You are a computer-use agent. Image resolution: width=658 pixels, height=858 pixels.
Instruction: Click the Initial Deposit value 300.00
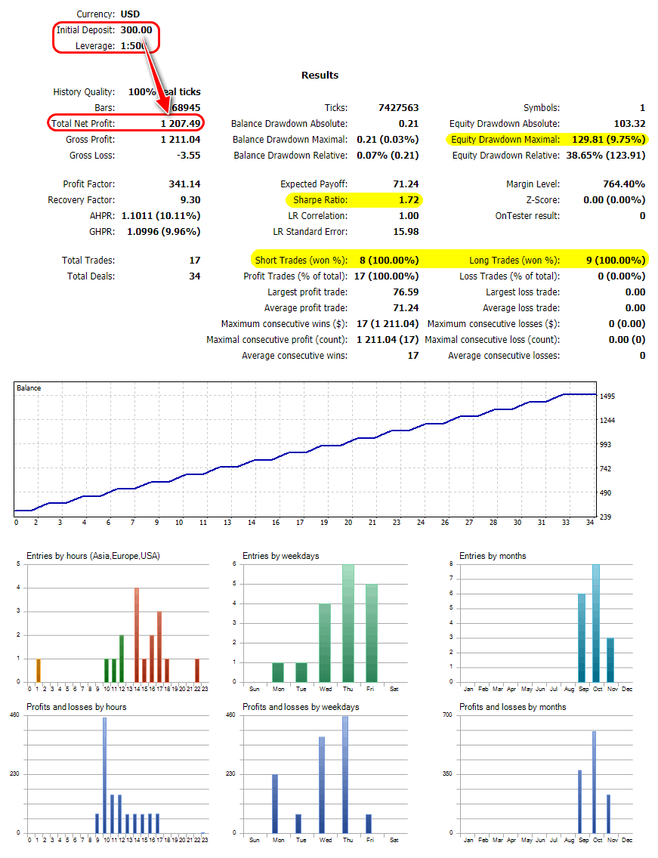click(137, 30)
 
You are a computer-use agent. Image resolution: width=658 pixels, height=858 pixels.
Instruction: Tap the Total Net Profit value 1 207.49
click(181, 123)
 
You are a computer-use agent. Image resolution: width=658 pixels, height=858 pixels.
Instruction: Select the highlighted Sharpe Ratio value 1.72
click(409, 200)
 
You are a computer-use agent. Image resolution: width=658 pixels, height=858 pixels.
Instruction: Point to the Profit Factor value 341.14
click(185, 184)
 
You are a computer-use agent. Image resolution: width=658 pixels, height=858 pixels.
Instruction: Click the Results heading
click(320, 75)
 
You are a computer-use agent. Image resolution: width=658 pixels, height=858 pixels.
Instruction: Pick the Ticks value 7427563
click(398, 108)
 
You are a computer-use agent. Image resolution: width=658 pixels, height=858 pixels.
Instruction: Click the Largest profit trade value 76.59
click(406, 292)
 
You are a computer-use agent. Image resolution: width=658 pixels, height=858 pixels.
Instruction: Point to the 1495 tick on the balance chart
click(607, 397)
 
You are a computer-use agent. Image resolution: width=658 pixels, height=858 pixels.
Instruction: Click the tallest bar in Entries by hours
click(137, 634)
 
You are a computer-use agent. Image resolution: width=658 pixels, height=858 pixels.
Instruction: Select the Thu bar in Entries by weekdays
click(348, 623)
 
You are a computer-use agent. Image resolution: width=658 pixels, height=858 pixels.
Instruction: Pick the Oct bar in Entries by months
click(596, 623)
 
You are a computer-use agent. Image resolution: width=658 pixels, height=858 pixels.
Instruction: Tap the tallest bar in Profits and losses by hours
click(104, 775)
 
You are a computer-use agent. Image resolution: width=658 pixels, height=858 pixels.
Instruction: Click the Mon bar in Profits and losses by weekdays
click(275, 804)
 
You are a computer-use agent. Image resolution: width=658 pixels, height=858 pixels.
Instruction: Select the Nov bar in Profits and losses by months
click(609, 813)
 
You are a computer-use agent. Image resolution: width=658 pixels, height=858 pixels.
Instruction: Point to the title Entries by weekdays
click(280, 556)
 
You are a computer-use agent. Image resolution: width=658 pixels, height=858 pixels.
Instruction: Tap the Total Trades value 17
click(194, 261)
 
